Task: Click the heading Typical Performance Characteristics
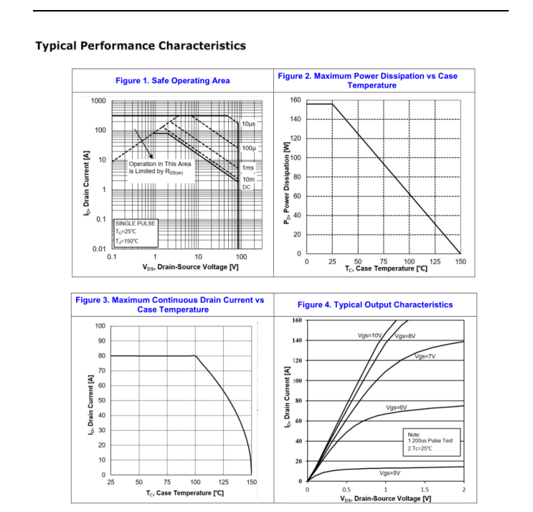(x=141, y=46)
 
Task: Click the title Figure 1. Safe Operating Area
(x=173, y=80)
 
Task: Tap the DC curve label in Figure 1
(x=246, y=187)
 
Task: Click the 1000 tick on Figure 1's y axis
(x=98, y=101)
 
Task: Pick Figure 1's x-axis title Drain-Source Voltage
(x=190, y=267)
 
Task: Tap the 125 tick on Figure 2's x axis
(x=435, y=262)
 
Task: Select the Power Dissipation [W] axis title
(x=286, y=179)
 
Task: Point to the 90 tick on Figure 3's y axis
(x=100, y=341)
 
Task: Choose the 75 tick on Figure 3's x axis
(x=166, y=483)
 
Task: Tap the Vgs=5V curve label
(x=390, y=473)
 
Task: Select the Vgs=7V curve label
(x=425, y=356)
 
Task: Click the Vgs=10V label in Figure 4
(x=371, y=336)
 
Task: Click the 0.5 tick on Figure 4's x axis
(x=346, y=490)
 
